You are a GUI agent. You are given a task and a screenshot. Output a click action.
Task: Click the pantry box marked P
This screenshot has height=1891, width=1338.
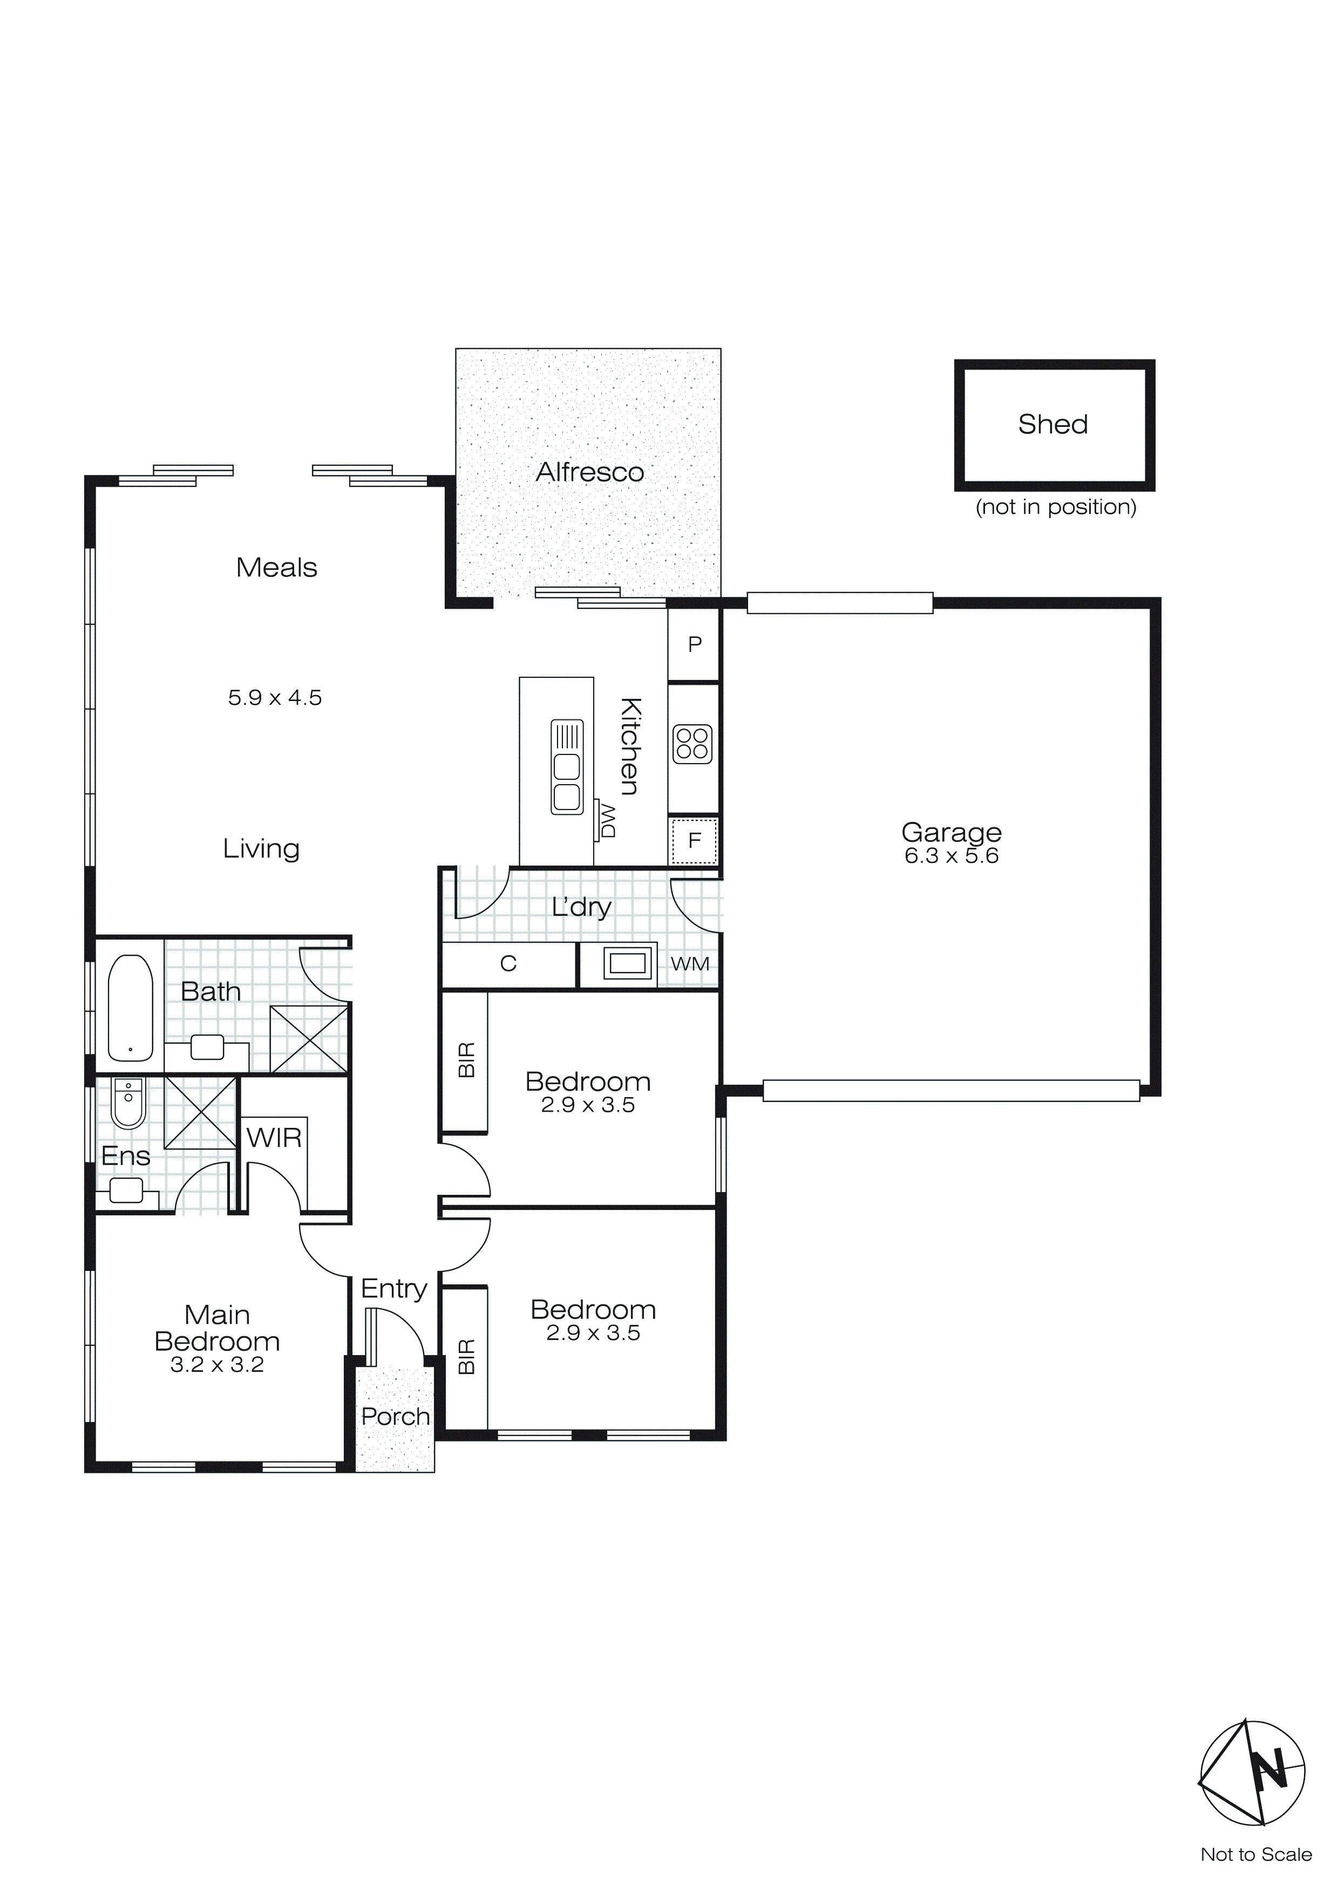[x=695, y=644]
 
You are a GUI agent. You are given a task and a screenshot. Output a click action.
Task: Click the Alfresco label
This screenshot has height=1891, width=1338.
[x=590, y=473]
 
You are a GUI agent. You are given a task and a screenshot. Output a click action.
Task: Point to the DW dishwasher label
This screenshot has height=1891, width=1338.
[x=608, y=821]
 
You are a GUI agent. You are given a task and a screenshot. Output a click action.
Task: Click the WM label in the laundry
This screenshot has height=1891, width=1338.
[x=690, y=964]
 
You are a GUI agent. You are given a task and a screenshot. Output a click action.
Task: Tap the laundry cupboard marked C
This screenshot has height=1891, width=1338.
[x=508, y=964]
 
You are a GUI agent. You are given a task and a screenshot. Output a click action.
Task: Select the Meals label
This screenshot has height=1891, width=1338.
[x=277, y=568]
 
